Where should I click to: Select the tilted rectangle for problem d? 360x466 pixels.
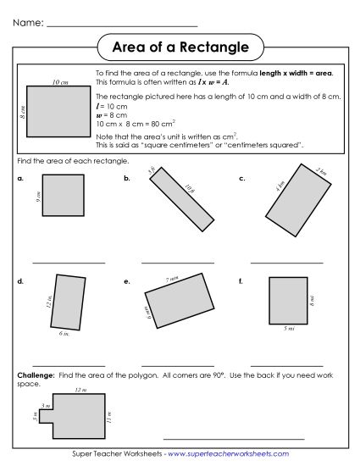pos(69,301)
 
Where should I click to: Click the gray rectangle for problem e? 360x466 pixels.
pos(179,302)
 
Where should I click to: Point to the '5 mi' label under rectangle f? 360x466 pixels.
pos(288,329)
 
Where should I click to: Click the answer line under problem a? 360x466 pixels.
pos(69,264)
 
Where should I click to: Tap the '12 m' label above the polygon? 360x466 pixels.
pos(80,390)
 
